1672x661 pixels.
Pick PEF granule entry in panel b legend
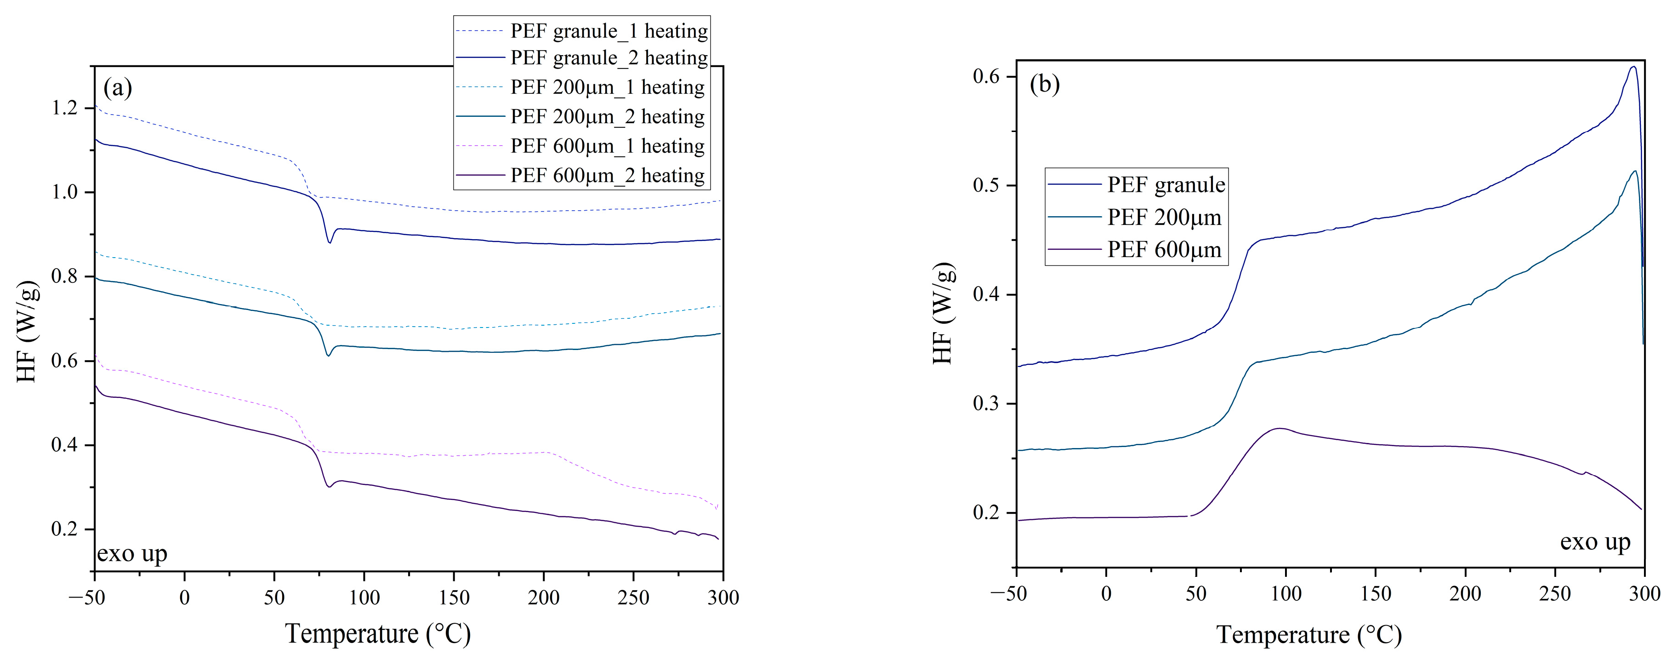coord(1166,184)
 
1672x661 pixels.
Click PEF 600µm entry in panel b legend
coord(1164,249)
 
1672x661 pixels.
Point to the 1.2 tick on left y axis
coord(64,108)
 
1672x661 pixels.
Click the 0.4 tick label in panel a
coord(64,445)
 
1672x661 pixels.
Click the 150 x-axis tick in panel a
coord(454,598)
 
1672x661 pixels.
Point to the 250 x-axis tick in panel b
coord(1554,593)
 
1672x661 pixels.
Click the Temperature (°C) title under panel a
coord(378,634)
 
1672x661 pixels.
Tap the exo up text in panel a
coord(132,554)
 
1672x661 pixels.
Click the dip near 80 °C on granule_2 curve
coord(330,242)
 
